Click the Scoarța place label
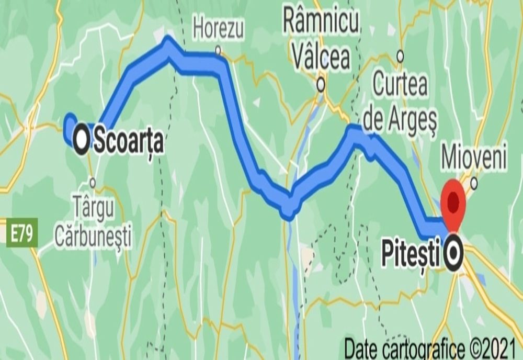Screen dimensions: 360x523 (129, 142)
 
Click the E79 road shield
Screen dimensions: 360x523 (22, 232)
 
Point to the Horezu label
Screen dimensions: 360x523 (218, 30)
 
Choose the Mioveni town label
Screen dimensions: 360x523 (474, 157)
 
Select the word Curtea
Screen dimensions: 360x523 (401, 86)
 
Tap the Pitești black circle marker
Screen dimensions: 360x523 (453, 254)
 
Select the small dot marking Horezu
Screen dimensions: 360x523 (219, 51)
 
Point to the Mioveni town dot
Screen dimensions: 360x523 (474, 183)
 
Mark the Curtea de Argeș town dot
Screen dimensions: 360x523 (401, 54)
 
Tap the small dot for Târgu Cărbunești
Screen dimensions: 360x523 (93, 182)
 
